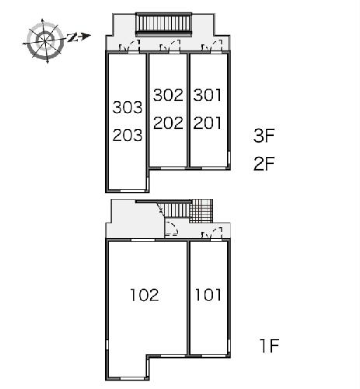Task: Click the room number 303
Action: (x=128, y=107)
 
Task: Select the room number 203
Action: (x=128, y=135)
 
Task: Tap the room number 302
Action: (x=168, y=95)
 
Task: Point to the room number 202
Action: (x=168, y=123)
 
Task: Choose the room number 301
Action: (x=208, y=95)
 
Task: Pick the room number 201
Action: (x=208, y=123)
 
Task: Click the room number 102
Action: (x=145, y=295)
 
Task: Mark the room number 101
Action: (x=208, y=295)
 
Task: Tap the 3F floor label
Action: (x=264, y=135)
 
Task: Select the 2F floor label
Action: (x=264, y=163)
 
